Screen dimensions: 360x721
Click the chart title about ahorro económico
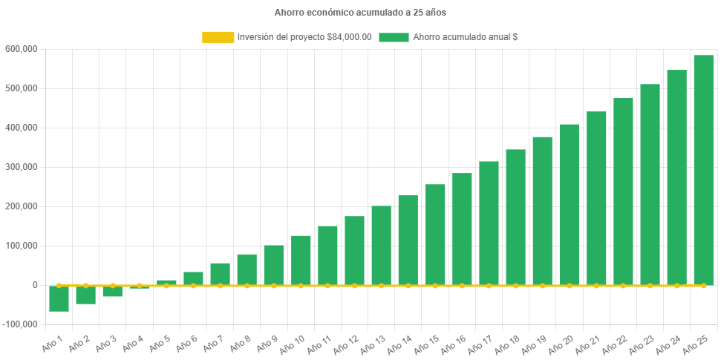[360, 13]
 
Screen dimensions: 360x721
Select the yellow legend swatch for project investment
[218, 37]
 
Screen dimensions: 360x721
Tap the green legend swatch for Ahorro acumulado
[394, 37]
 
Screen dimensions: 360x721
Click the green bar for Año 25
[703, 170]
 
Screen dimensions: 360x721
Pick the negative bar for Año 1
[59, 298]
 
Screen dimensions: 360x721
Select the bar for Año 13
[381, 246]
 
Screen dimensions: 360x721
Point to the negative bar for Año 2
[85, 295]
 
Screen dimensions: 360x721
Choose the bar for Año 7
[220, 274]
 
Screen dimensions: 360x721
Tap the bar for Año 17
[489, 223]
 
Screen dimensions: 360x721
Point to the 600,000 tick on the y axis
[21, 49]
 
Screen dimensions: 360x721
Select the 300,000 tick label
[21, 167]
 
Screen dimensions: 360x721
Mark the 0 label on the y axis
[34, 285]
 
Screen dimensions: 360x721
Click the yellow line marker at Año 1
[59, 285]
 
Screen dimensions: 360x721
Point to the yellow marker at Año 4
[140, 285]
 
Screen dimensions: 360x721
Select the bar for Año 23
[650, 185]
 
